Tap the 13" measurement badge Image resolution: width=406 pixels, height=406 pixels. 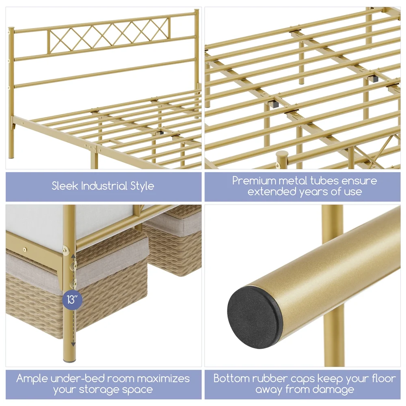click(x=72, y=300)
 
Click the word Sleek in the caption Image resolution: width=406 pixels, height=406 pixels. click(x=65, y=186)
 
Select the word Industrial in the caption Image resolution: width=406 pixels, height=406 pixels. click(x=104, y=186)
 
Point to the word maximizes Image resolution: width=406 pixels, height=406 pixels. click(x=163, y=379)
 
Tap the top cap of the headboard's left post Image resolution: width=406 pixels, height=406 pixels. click(x=11, y=28)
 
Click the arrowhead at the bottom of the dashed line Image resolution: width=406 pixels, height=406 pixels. click(x=73, y=344)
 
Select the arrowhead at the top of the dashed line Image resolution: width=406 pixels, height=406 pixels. click(x=73, y=256)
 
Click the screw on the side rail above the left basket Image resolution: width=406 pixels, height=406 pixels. click(x=25, y=250)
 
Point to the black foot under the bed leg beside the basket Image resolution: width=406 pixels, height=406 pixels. click(x=70, y=360)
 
